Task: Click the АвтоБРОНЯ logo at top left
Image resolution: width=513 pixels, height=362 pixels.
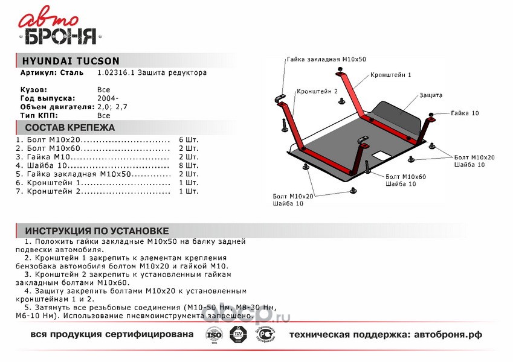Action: tap(59, 28)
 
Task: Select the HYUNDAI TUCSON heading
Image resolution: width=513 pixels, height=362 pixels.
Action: tap(70, 60)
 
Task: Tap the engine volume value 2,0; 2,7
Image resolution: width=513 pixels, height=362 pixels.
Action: tap(112, 106)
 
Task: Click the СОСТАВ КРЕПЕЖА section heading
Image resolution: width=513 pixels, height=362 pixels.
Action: tap(69, 128)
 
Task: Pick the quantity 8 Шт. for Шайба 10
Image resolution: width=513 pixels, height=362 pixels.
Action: tap(189, 165)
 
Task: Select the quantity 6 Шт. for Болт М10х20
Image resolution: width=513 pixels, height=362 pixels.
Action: tap(189, 139)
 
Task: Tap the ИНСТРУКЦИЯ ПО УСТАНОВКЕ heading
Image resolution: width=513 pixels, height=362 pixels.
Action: tap(97, 231)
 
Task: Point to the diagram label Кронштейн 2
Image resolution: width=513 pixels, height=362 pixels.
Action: tap(317, 92)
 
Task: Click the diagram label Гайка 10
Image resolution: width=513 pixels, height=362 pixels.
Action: tap(465, 113)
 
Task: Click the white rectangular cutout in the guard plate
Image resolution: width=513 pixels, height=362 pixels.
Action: tap(381, 155)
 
